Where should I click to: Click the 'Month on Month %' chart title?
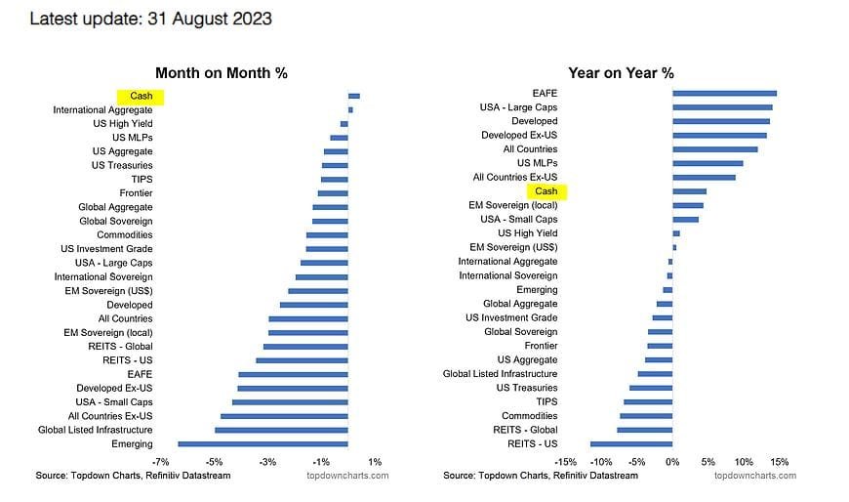[x=222, y=72]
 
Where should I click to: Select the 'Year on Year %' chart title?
[x=622, y=72]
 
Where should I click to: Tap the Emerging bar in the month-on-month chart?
[x=263, y=444]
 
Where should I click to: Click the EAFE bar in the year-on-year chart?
[x=724, y=93]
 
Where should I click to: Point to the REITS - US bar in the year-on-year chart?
[x=631, y=443]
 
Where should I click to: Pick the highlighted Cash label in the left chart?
[x=141, y=97]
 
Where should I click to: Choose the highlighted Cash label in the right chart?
[x=546, y=191]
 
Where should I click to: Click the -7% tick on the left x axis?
[x=162, y=461]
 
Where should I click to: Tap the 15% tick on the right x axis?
[x=779, y=461]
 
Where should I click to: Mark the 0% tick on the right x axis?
[x=672, y=461]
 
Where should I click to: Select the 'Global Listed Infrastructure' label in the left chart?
[x=95, y=430]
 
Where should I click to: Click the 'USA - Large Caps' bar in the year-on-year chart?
[x=722, y=107]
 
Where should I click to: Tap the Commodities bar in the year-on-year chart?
[x=646, y=416]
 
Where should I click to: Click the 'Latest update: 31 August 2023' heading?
[x=151, y=19]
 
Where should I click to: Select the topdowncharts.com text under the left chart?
[x=347, y=476]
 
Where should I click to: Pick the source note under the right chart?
[x=540, y=476]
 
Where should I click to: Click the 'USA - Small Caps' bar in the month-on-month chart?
[x=290, y=402]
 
